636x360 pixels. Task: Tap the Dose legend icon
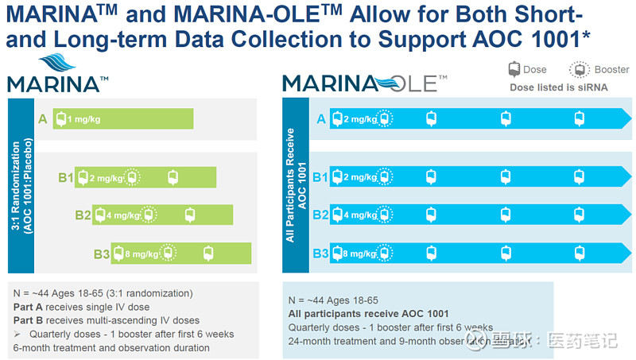(514, 69)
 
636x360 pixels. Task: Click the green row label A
(42, 119)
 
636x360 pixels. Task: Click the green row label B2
(83, 215)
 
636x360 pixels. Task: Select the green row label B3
(101, 254)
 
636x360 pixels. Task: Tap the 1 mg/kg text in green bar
(84, 119)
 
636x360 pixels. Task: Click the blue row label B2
(320, 215)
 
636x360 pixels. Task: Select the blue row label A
(321, 119)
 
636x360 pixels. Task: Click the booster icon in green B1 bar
(133, 177)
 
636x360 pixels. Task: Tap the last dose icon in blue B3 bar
(579, 254)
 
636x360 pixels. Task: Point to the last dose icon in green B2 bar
(189, 215)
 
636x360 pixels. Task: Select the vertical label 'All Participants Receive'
(291, 183)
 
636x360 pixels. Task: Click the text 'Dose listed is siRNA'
(558, 87)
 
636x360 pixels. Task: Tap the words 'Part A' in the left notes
(29, 307)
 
